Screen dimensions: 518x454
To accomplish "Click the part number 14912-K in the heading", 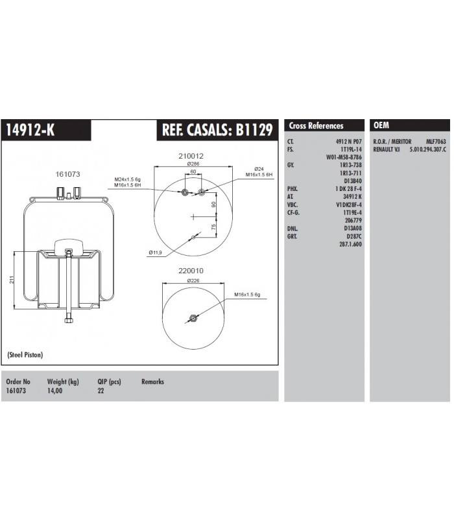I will tap(30, 130).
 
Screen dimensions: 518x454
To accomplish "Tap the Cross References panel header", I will tap(316, 126).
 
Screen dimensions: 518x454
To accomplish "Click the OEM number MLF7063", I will tap(435, 141).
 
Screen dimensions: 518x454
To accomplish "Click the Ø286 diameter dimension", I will tap(193, 164).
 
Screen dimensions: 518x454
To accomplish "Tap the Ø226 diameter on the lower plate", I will tap(193, 280).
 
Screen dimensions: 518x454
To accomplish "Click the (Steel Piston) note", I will tap(26, 355).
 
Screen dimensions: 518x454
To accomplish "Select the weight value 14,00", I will tap(56, 391).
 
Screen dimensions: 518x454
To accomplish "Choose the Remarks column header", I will tap(152, 382).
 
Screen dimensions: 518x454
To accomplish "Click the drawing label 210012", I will tap(192, 156).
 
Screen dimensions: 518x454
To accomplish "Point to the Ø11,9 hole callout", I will tap(155, 251).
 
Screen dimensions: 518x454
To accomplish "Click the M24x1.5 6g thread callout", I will tap(128, 179).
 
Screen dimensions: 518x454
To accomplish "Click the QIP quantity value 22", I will tap(101, 391).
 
